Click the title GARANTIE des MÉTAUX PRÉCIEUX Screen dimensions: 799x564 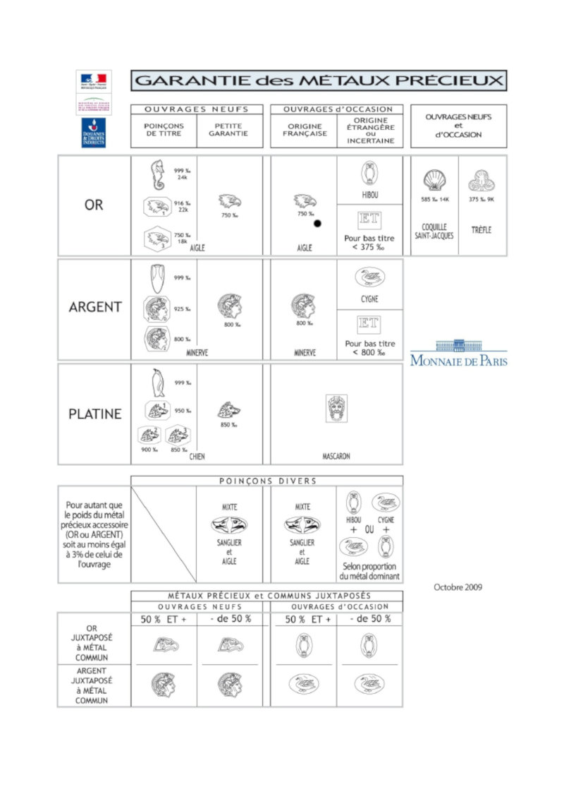(318, 80)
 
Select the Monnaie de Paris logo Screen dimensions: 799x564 (458, 353)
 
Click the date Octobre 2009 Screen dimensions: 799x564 (458, 587)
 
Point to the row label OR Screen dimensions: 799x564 (94, 205)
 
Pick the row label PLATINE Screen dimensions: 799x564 (94, 414)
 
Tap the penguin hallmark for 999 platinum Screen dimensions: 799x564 (158, 383)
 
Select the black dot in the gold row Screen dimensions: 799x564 (317, 224)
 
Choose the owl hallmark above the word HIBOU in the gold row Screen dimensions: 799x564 (369, 173)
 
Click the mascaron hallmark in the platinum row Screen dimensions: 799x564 (336, 409)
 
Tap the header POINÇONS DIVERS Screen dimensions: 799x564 (267, 481)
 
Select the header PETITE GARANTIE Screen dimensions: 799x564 (229, 129)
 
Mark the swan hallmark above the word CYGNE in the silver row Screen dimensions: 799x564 (369, 277)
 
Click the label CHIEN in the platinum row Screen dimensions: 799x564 (197, 457)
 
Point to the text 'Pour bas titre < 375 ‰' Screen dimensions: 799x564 (369, 243)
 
